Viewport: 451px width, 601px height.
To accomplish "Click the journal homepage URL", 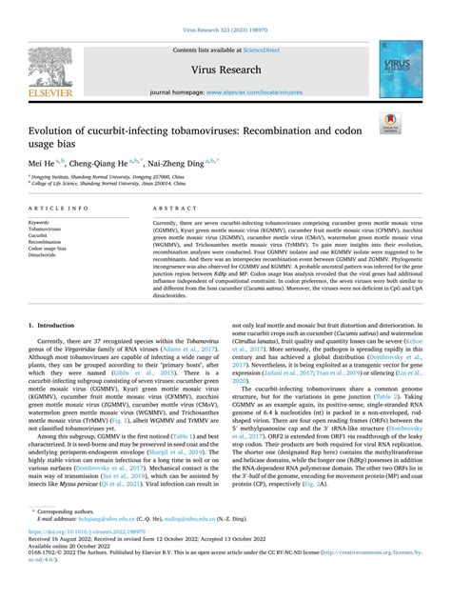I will click(262, 94).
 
